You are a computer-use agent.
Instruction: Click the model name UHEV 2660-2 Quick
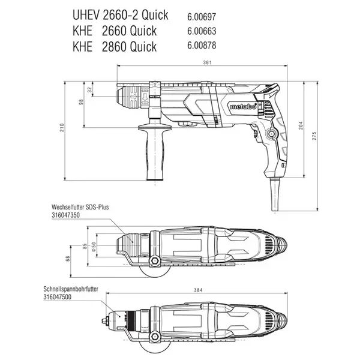coord(121,16)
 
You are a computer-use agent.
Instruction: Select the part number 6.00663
coord(202,31)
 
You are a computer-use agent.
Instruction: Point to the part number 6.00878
coord(202,45)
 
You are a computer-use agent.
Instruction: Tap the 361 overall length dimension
coord(207,62)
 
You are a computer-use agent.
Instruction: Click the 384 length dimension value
coord(198,290)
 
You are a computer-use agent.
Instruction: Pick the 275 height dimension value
coord(314,136)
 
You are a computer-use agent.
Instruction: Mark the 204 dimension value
coord(301,125)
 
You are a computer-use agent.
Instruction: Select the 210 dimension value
coord(62,128)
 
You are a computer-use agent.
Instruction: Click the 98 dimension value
coord(81,102)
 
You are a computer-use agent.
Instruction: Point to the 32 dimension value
coord(89,89)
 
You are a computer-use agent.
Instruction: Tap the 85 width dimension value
coord(85,247)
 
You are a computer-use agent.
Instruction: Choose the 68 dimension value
coord(67,259)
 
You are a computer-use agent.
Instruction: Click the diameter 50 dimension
coord(94,247)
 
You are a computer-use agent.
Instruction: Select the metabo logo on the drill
coord(243,106)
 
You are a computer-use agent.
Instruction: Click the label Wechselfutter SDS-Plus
coord(80,207)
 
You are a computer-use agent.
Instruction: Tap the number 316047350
coord(65,215)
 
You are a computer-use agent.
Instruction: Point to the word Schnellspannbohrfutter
coord(71,289)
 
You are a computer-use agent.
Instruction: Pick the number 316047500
coord(58,297)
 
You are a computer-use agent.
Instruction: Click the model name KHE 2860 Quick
coord(115,46)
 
